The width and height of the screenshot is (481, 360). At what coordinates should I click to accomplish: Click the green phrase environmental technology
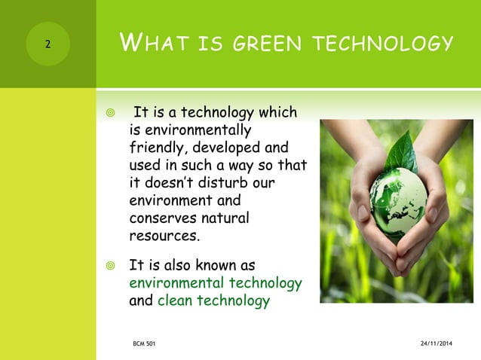216,283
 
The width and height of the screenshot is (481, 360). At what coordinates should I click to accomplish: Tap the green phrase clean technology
213,301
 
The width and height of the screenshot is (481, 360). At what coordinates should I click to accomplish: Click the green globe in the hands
398,199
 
